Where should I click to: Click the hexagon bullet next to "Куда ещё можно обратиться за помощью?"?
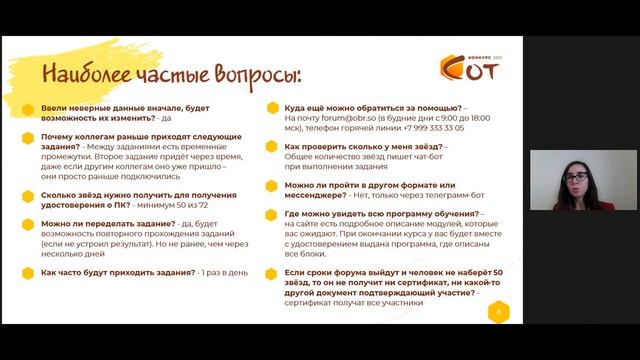pos(272,106)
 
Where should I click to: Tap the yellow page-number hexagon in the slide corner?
pos(497,312)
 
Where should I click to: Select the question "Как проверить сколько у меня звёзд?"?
pos(363,146)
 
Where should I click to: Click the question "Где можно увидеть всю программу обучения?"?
pos(382,214)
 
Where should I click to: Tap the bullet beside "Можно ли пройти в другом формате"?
pos(272,186)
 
